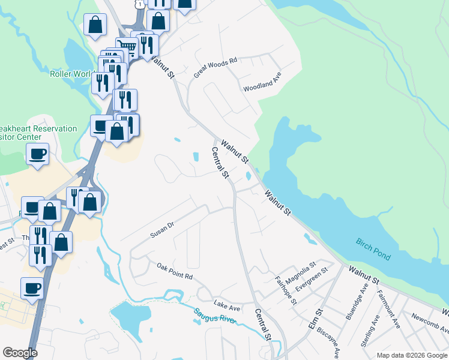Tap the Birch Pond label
click(x=373, y=249)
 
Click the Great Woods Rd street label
click(x=216, y=67)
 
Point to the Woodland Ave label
click(x=262, y=82)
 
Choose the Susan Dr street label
click(x=162, y=229)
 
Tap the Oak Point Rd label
click(x=175, y=272)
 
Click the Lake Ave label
click(x=227, y=306)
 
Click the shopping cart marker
click(x=126, y=46)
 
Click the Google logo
click(x=20, y=353)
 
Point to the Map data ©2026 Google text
click(x=412, y=355)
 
